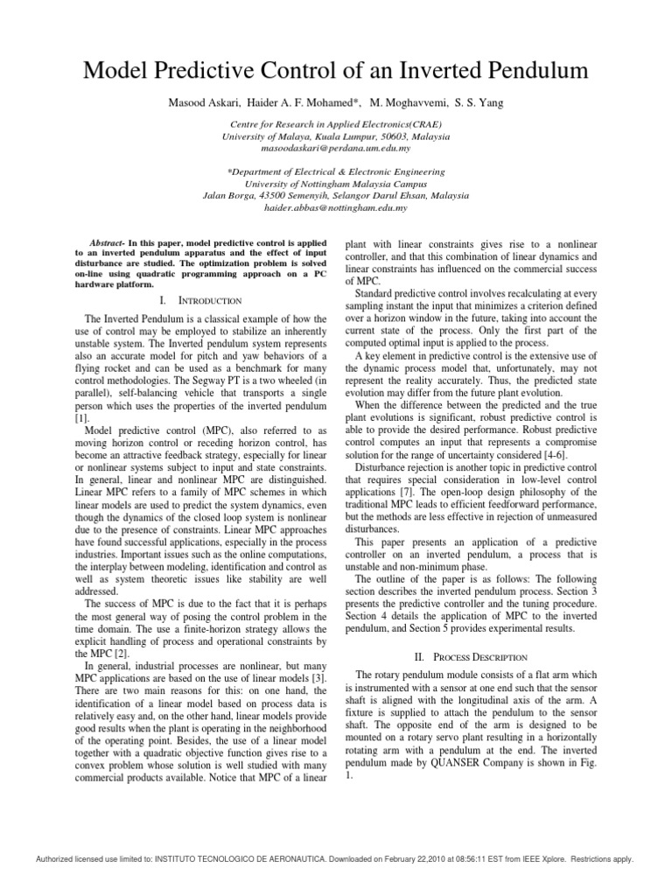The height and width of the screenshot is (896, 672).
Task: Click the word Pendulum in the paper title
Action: coord(523,72)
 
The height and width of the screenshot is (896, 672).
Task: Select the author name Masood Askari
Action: coord(205,103)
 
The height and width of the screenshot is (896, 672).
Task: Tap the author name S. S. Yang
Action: coord(477,103)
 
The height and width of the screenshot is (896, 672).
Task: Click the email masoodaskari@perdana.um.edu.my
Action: coord(336,150)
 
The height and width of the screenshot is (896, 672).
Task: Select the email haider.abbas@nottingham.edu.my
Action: coord(336,208)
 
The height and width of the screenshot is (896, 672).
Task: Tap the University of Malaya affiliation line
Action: coord(336,137)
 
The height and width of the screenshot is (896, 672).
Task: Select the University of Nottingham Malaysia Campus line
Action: coord(336,185)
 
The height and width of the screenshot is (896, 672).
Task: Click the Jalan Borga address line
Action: coord(336,196)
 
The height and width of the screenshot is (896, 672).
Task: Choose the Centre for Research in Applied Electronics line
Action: coord(336,126)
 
